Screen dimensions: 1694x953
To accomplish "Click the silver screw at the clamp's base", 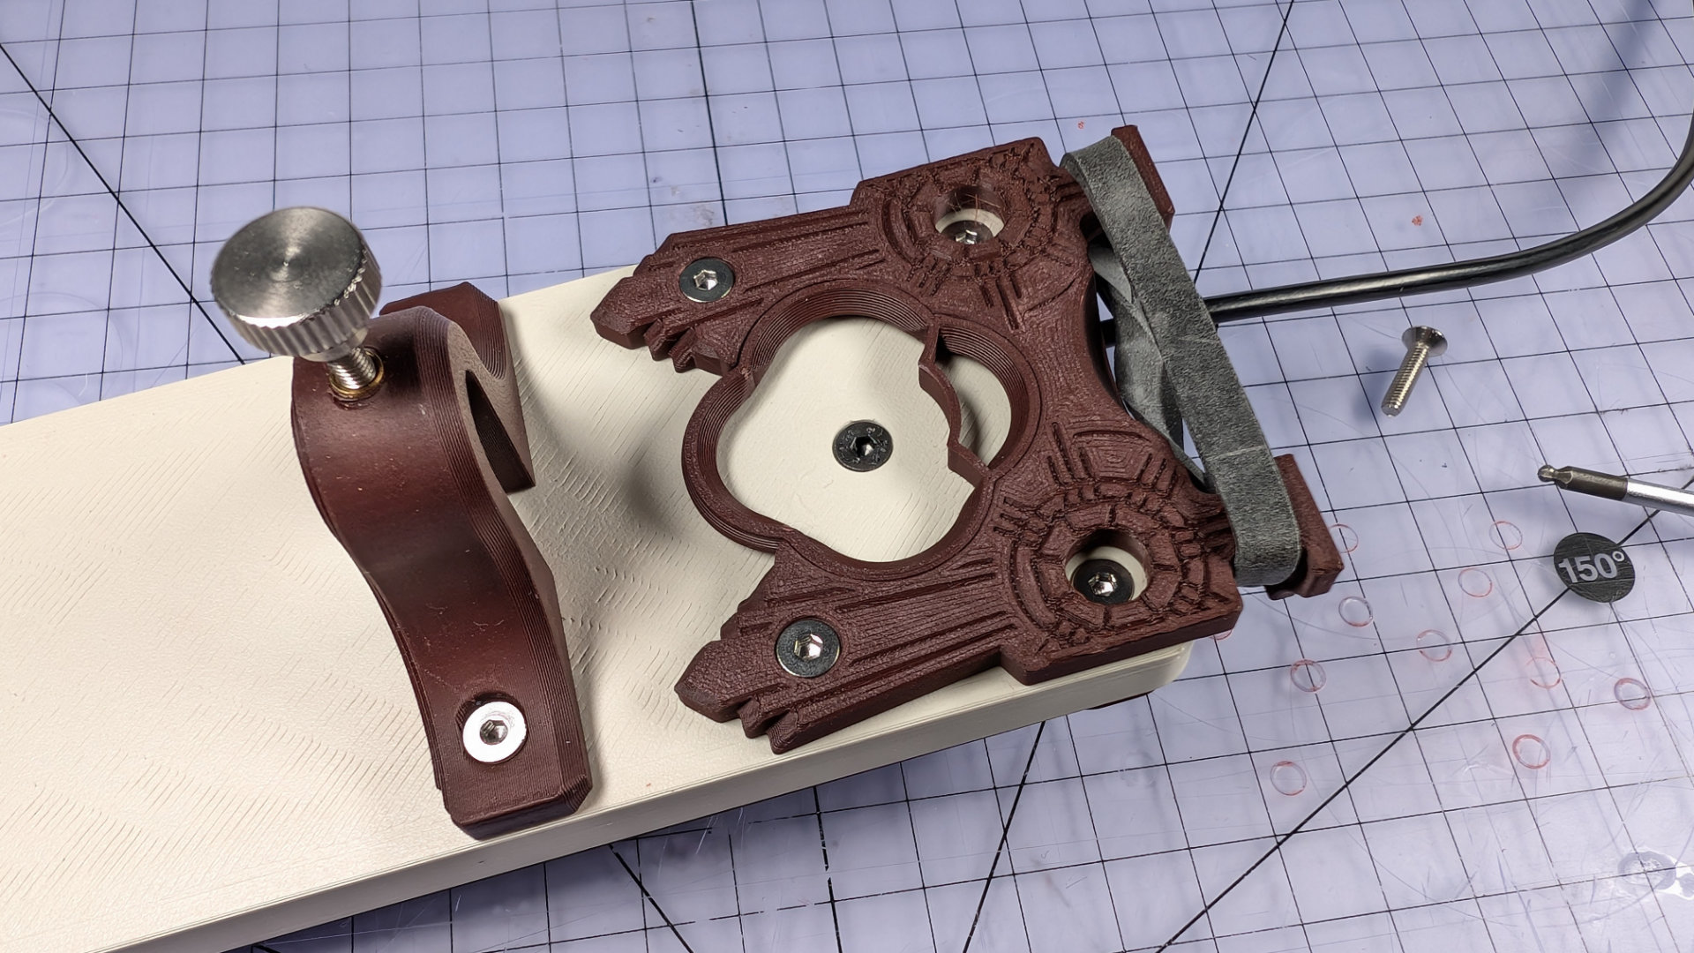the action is click(x=495, y=730).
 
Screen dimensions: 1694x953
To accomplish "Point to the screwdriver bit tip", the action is click(x=1547, y=474).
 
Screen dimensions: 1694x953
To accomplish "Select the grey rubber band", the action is click(x=1173, y=362).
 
